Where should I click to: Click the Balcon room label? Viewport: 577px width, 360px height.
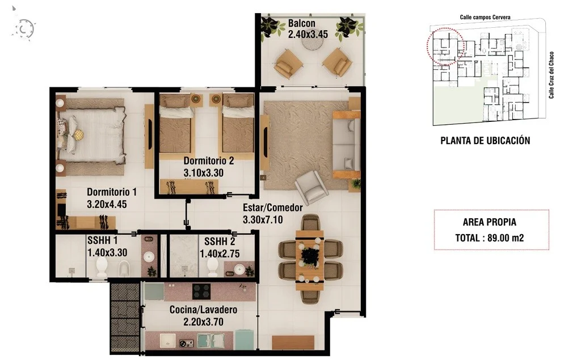pyautogui.click(x=302, y=23)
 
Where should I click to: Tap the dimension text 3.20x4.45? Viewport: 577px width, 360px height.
pyautogui.click(x=107, y=204)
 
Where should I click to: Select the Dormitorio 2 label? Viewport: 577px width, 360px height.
pyautogui.click(x=209, y=160)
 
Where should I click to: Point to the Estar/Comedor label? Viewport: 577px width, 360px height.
pyautogui.click(x=273, y=207)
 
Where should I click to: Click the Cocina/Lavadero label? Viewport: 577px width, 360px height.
pyautogui.click(x=203, y=310)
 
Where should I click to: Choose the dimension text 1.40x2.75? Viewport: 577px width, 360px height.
pyautogui.click(x=220, y=254)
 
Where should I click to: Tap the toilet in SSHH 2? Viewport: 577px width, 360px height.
pyautogui.click(x=212, y=266)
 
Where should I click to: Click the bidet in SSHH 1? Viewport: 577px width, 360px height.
pyautogui.click(x=124, y=268)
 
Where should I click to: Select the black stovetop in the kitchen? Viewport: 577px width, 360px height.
pyautogui.click(x=201, y=291)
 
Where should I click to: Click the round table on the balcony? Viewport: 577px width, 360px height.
pyautogui.click(x=312, y=43)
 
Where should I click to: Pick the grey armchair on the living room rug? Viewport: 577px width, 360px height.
pyautogui.click(x=311, y=187)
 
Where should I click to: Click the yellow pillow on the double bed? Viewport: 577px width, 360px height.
pyautogui.click(x=78, y=134)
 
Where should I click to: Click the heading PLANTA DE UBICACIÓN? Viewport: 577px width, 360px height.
pyautogui.click(x=485, y=141)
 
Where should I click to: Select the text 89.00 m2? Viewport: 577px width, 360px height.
pyautogui.click(x=506, y=238)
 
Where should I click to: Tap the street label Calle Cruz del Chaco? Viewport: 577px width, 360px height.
pyautogui.click(x=551, y=75)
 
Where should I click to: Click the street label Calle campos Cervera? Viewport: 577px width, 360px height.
pyautogui.click(x=485, y=17)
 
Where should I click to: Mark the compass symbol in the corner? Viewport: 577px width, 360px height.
pyautogui.click(x=24, y=29)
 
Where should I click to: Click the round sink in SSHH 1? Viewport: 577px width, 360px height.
pyautogui.click(x=149, y=256)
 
